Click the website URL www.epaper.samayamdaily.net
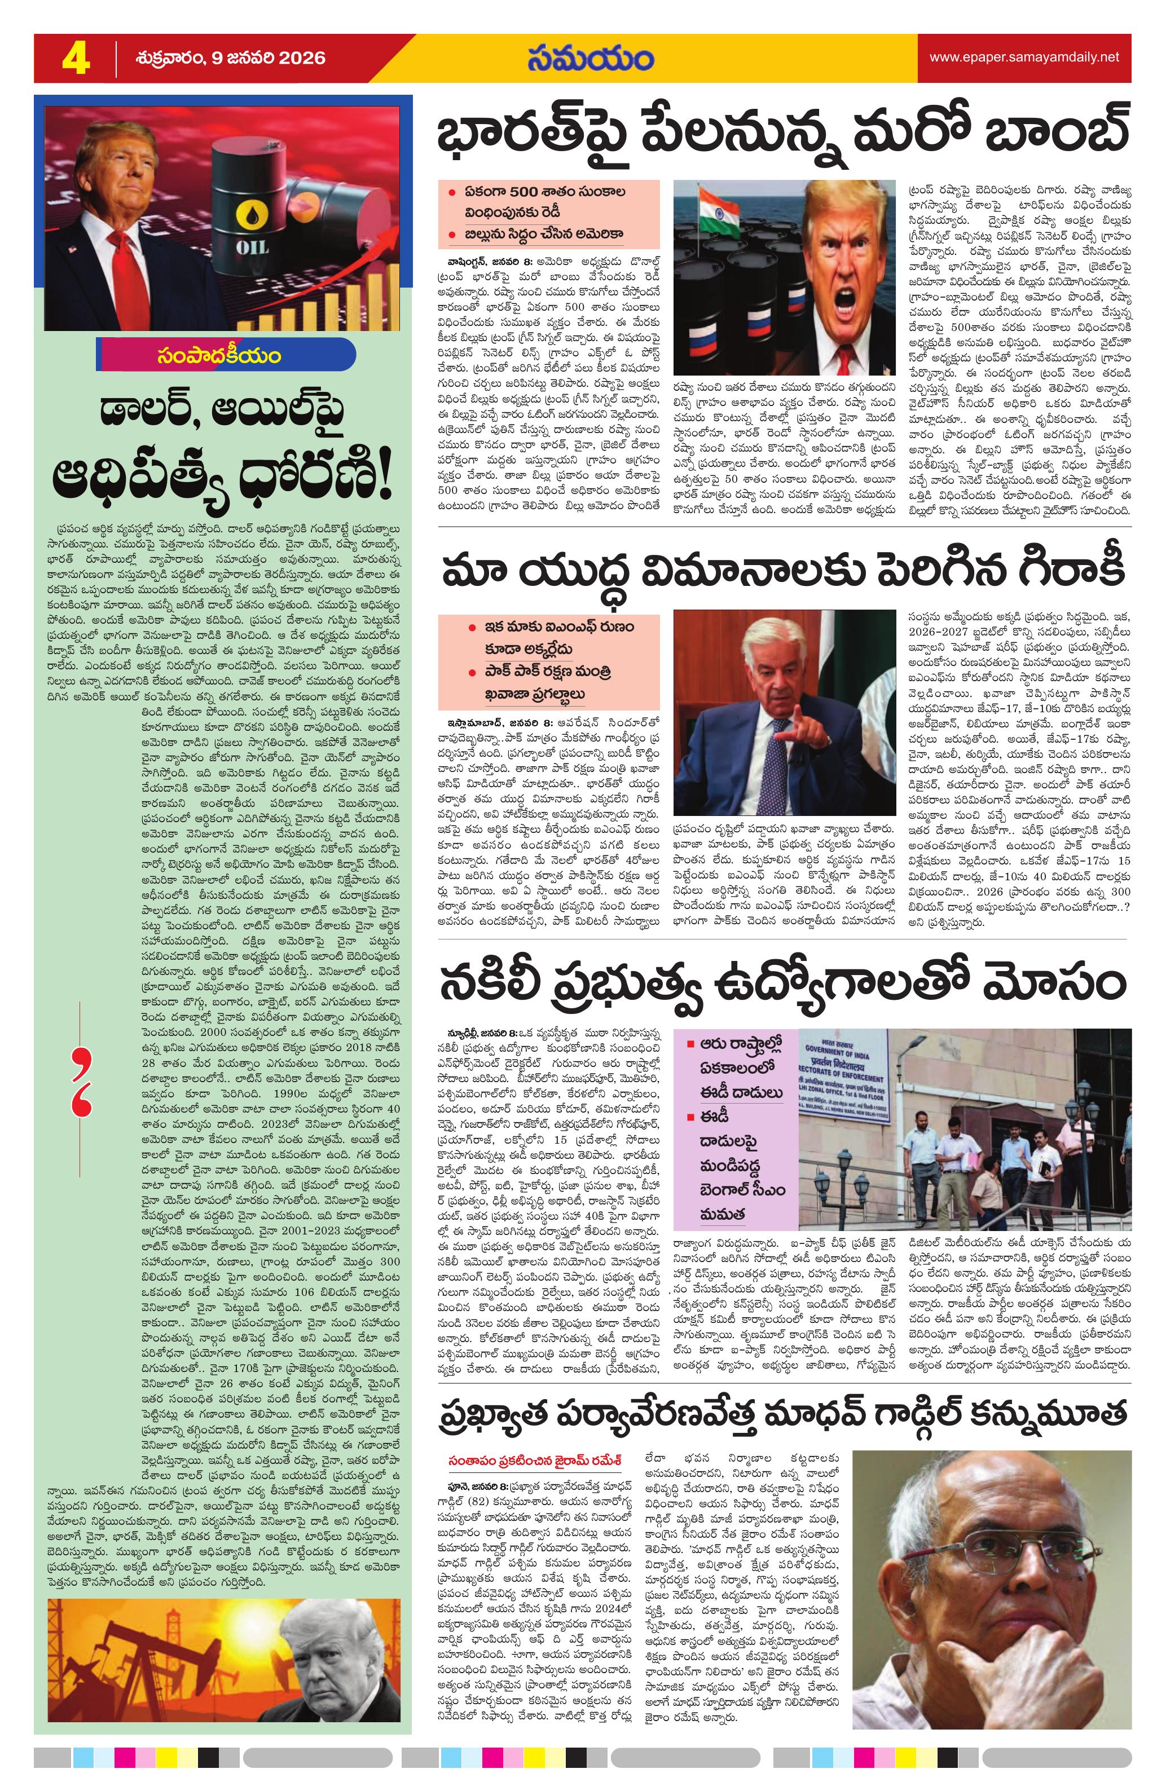point(1024,57)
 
